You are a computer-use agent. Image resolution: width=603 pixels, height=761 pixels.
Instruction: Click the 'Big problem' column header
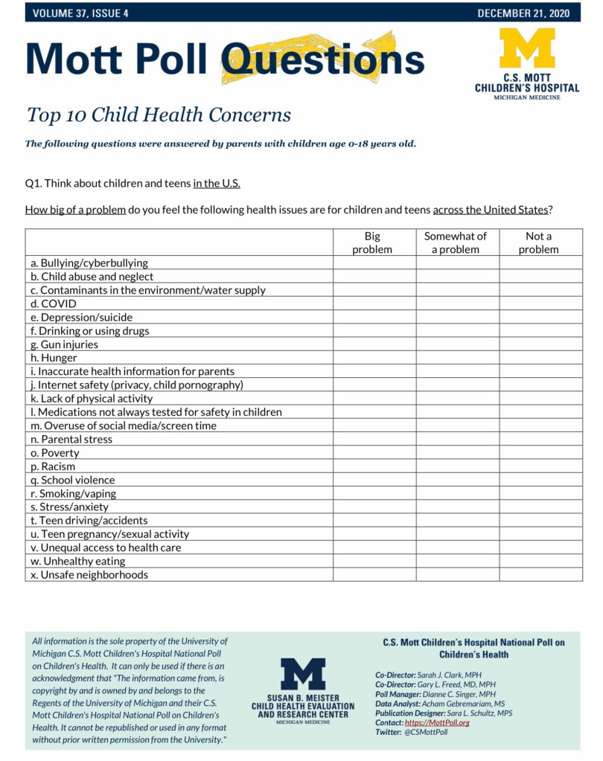(x=372, y=243)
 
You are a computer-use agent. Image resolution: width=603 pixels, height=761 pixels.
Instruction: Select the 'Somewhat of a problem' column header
(x=456, y=243)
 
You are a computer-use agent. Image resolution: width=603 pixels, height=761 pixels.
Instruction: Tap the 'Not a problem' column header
(x=539, y=243)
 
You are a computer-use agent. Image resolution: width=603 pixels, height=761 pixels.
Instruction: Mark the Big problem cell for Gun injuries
(x=374, y=344)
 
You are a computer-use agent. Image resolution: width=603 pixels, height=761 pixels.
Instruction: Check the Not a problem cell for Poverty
(x=540, y=453)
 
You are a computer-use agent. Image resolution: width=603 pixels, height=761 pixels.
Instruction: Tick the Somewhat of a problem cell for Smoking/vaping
(x=457, y=493)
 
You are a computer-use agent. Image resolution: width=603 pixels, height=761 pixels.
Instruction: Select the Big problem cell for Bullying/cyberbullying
(x=374, y=263)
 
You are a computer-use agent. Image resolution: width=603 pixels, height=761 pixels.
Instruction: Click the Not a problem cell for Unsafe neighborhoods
(x=540, y=574)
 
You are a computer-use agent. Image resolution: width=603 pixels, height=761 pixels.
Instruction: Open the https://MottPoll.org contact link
(x=437, y=722)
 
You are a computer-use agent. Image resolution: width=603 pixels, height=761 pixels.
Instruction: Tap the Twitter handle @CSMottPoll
(x=426, y=732)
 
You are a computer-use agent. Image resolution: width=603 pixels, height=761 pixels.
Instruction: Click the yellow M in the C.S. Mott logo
(x=526, y=49)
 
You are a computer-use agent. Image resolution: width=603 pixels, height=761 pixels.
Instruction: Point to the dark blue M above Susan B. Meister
(x=302, y=674)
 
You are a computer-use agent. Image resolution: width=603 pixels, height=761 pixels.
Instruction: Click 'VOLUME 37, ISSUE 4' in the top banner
(x=80, y=13)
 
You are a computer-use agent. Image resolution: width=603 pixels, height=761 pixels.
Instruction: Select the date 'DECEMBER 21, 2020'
(x=523, y=13)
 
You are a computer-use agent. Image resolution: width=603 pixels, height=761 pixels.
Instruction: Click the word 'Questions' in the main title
(x=323, y=59)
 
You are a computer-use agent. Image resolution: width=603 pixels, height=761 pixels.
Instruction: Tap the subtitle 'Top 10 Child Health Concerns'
(x=159, y=115)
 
